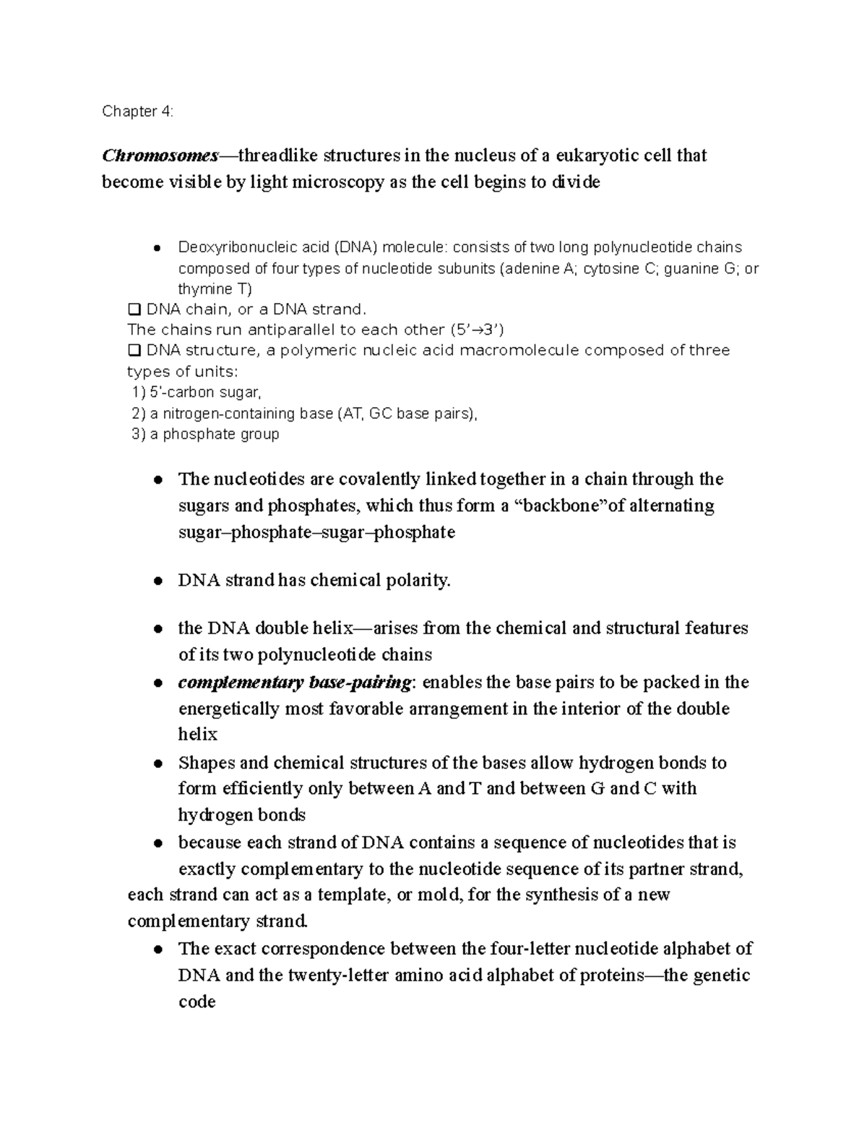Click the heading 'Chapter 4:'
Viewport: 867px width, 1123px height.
point(137,111)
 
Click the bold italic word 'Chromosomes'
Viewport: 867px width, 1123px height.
point(160,155)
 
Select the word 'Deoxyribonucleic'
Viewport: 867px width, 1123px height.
point(230,248)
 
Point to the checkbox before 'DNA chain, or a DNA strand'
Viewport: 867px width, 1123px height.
point(134,309)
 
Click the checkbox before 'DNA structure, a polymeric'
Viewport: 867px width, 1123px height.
point(134,351)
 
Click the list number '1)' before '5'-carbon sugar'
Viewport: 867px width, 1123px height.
point(139,393)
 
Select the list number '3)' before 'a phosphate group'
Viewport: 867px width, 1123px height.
point(139,434)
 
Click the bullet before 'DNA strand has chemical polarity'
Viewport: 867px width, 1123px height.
point(158,581)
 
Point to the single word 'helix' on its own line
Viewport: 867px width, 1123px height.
point(197,735)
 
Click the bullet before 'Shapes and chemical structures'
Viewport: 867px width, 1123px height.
point(158,764)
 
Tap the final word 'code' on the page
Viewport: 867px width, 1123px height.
point(197,1002)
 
